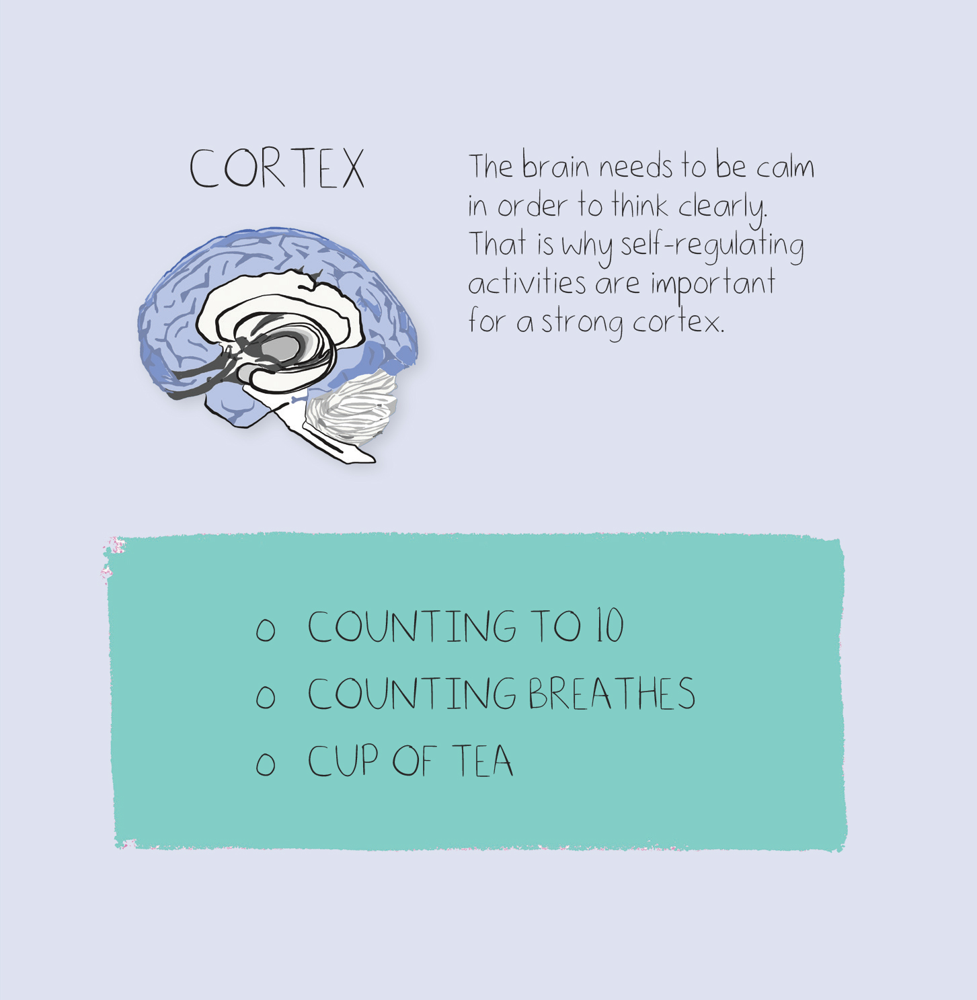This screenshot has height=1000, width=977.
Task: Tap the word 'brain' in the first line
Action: (555, 167)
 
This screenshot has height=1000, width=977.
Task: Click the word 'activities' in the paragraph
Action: (527, 283)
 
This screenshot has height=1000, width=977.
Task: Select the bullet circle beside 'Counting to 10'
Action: (266, 629)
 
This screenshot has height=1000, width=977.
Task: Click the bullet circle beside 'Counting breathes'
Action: (266, 696)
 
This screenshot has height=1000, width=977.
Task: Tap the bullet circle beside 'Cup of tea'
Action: (266, 763)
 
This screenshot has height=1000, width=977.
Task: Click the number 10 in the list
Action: (611, 626)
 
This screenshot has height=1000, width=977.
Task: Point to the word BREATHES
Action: (612, 694)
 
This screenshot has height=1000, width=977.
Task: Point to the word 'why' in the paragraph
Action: (587, 247)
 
